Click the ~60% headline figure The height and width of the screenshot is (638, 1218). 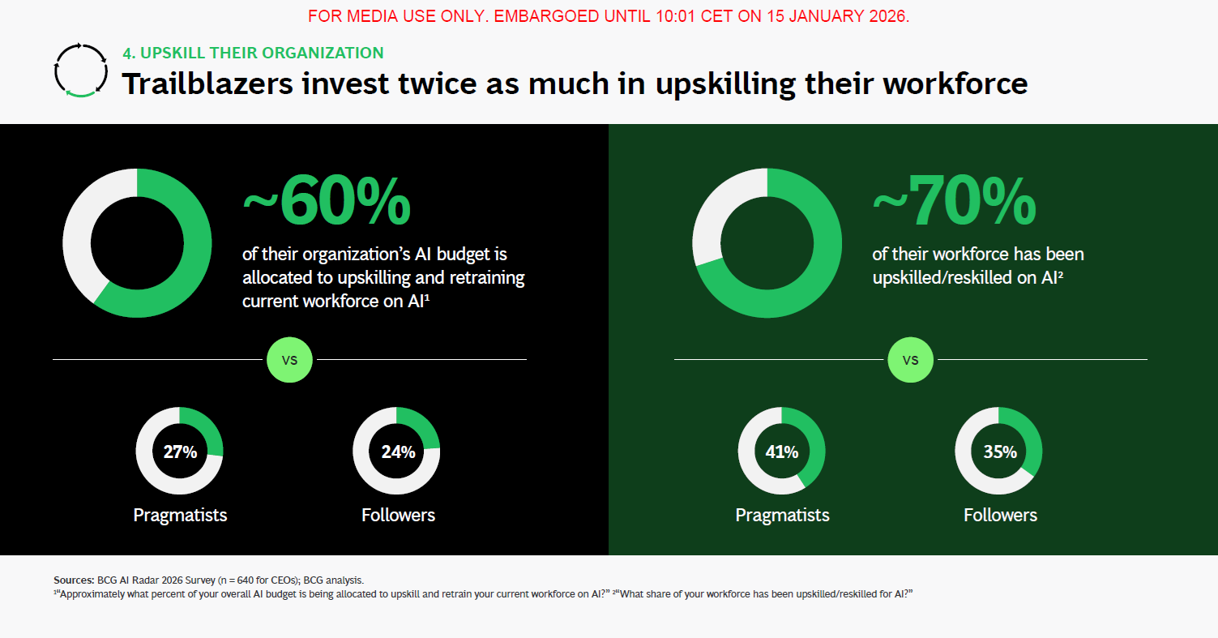(x=327, y=200)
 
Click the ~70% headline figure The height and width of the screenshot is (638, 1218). (x=955, y=200)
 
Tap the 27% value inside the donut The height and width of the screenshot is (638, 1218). (x=180, y=452)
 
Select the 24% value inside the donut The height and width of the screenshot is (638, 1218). (x=398, y=452)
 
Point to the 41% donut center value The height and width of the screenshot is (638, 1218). (x=782, y=452)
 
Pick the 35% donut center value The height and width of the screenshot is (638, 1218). (x=1000, y=452)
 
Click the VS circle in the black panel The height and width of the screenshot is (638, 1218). (x=289, y=359)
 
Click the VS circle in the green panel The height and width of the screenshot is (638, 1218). (x=910, y=359)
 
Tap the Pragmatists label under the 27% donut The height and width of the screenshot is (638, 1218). (x=180, y=515)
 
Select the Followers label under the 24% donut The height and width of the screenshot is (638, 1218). (x=398, y=515)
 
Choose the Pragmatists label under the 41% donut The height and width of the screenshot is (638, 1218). (x=782, y=515)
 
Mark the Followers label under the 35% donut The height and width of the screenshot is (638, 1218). (x=1000, y=515)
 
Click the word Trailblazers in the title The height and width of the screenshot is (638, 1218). (x=207, y=83)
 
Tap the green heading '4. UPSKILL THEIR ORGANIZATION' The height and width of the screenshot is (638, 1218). (x=253, y=53)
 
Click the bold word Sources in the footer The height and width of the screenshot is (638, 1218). (x=74, y=580)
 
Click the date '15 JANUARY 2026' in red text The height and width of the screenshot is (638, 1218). (x=838, y=16)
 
